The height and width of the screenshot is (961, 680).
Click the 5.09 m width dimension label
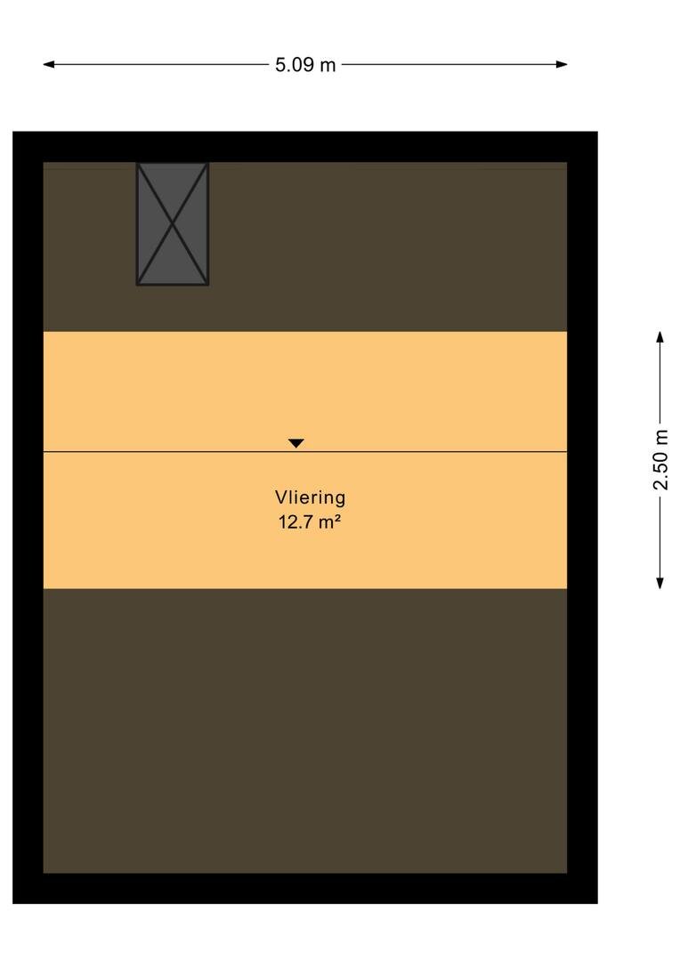click(305, 64)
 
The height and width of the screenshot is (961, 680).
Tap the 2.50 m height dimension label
click(660, 460)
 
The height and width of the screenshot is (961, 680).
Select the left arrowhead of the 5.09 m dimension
click(48, 64)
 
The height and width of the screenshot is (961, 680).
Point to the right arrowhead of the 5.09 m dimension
click(562, 64)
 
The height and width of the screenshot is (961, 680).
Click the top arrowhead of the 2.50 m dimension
click(660, 337)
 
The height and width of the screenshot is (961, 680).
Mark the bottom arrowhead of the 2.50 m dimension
click(660, 583)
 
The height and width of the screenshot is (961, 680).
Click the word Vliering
click(311, 497)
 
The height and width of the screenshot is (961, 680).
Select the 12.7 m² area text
click(310, 522)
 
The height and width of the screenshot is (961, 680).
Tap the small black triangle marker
click(296, 443)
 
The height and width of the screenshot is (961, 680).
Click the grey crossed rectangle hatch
click(173, 223)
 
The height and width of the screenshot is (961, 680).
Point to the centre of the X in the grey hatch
click(173, 224)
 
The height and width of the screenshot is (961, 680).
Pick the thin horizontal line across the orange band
click(304, 452)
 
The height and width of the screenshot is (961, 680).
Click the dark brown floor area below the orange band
click(304, 731)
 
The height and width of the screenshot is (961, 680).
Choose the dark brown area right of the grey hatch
click(387, 246)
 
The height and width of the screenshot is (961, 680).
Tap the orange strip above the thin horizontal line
click(304, 391)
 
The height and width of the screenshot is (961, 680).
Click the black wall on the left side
click(28, 517)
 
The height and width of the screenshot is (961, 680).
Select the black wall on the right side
click(582, 517)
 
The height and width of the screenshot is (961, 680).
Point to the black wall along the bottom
click(304, 888)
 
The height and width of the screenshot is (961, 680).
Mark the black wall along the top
click(304, 147)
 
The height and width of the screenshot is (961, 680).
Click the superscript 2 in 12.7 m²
click(338, 518)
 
